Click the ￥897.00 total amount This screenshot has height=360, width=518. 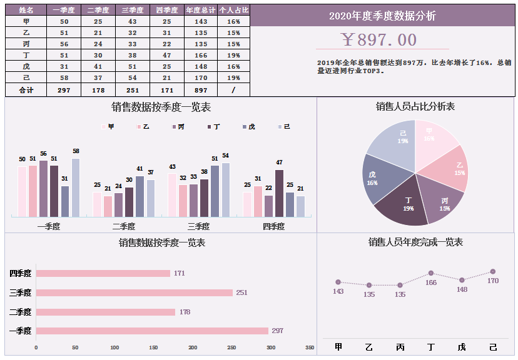tap(379, 40)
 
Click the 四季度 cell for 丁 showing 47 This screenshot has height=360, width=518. tap(166, 55)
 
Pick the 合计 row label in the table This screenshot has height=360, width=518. tap(26, 90)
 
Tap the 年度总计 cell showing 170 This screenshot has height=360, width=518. tap(201, 78)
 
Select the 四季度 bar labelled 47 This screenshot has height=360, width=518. tap(279, 193)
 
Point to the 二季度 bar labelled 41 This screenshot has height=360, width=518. tap(140, 196)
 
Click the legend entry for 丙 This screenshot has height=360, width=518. tap(178, 127)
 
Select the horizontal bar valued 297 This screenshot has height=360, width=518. tap(152, 331)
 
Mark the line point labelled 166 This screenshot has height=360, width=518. tap(431, 273)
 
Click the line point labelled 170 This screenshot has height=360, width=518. tap(493, 271)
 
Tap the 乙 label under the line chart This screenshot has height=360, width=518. tap(369, 347)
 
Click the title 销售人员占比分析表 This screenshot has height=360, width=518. tap(415, 107)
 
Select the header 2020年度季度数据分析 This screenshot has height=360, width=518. tap(382, 16)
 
